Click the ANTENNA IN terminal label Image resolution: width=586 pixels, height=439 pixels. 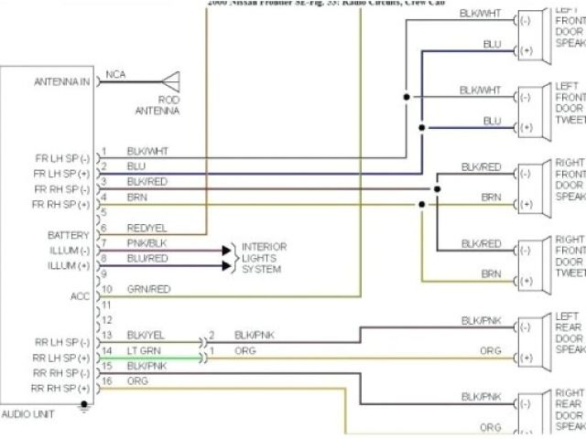coord(62,81)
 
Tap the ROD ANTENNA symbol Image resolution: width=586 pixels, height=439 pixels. coord(170,81)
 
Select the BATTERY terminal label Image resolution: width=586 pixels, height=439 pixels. coord(68,235)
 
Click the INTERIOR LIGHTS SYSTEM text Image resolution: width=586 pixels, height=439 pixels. coord(264,258)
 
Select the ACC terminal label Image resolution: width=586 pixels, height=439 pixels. coord(80,296)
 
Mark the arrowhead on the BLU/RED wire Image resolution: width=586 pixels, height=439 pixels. coord(227,266)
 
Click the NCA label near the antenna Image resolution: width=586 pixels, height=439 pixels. coord(116,74)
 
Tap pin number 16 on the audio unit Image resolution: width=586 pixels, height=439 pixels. coord(106,380)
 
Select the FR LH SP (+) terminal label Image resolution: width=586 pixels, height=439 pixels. coord(61,174)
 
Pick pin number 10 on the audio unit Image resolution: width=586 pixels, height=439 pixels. coord(106,289)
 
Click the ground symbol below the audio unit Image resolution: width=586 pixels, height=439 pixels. coord(85,409)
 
